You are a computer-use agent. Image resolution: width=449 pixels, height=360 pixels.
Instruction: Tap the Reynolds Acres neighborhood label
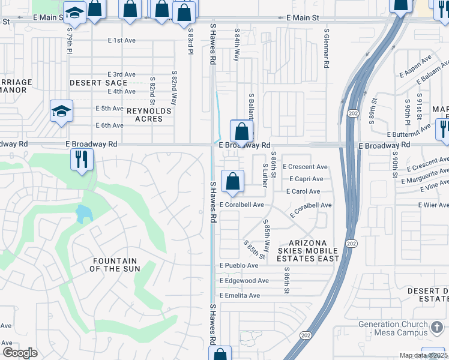(x=148, y=115)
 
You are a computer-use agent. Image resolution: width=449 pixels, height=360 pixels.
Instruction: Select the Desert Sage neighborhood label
(x=98, y=83)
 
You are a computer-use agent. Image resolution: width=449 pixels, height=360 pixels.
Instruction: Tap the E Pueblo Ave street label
(x=238, y=265)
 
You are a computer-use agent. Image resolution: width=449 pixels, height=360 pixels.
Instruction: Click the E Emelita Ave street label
(x=240, y=295)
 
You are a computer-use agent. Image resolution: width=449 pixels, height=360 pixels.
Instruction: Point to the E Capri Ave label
(x=306, y=179)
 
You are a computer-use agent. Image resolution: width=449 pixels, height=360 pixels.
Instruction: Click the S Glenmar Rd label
(x=326, y=47)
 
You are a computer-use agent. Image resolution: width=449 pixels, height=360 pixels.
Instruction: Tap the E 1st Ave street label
(x=122, y=40)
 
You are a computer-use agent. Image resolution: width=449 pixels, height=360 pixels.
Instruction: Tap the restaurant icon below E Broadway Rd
(x=80, y=160)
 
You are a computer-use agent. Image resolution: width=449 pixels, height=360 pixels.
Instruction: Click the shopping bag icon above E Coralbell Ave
(x=232, y=181)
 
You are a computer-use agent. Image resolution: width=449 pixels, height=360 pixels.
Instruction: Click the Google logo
(x=19, y=353)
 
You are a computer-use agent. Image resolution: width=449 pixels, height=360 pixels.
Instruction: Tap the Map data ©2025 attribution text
(x=423, y=355)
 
